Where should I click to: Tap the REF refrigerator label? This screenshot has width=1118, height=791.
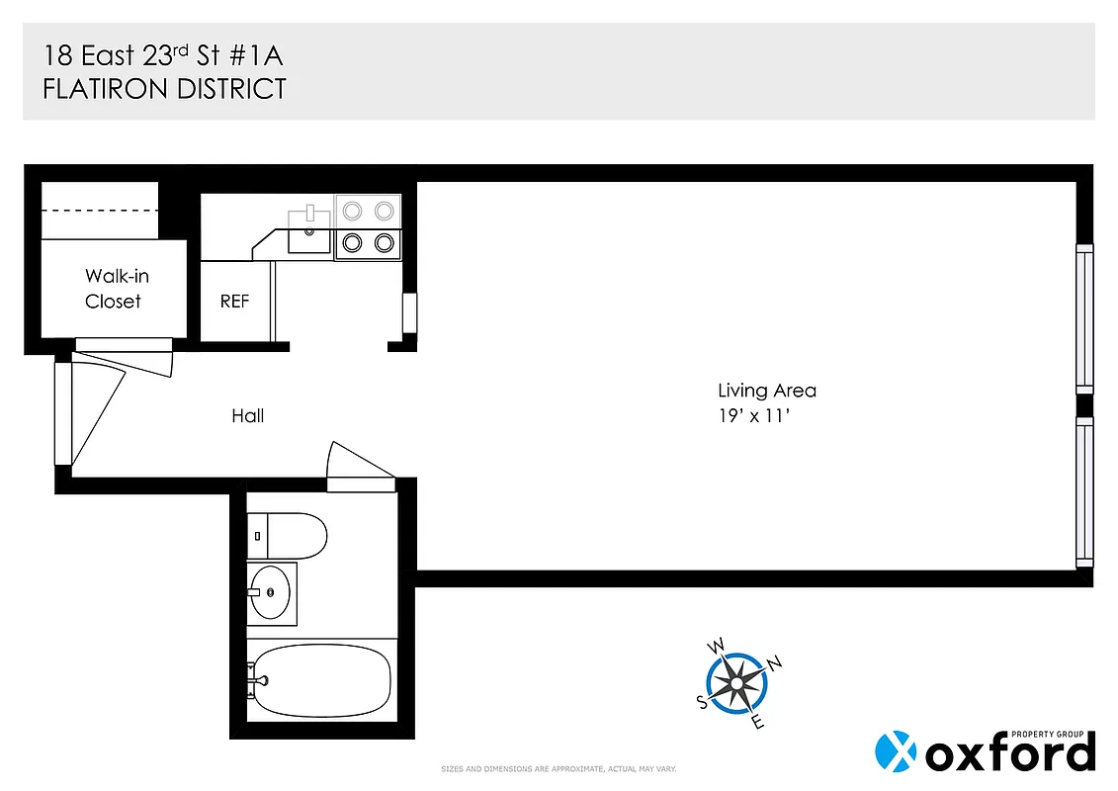(234, 302)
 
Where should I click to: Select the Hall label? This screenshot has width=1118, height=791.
(247, 416)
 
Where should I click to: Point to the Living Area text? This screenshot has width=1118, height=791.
(766, 391)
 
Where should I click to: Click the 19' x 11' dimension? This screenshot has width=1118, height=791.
(756, 416)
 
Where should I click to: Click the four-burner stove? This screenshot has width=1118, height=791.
(367, 226)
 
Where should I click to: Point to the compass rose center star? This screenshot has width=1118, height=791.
(737, 682)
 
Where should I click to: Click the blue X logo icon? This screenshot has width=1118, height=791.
(897, 751)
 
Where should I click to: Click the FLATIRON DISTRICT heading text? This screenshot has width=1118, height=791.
(164, 89)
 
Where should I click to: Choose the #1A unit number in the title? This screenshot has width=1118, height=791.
(247, 53)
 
